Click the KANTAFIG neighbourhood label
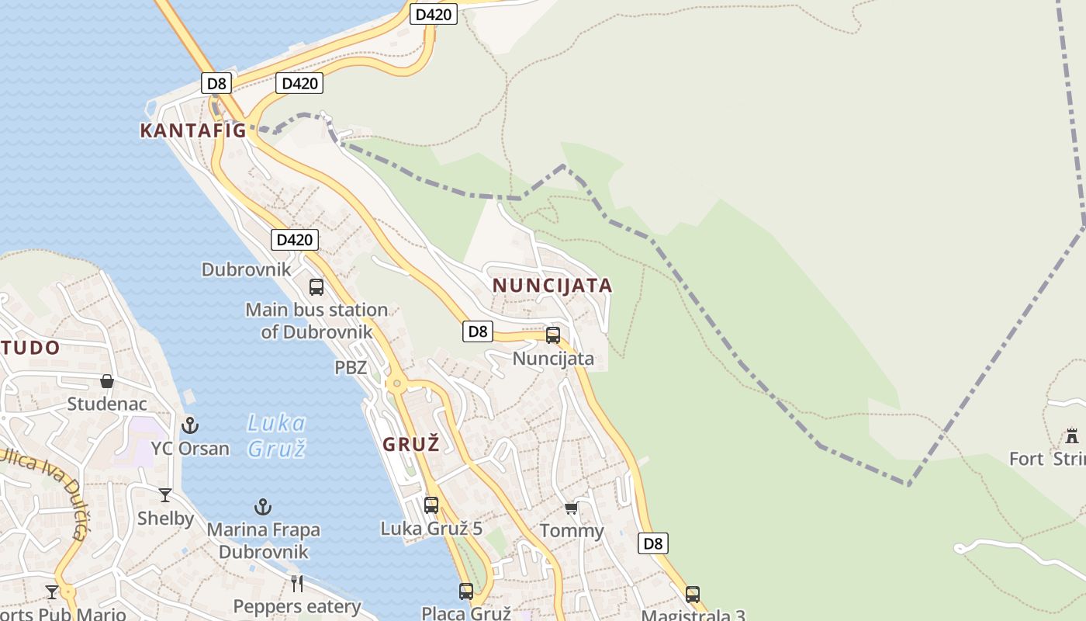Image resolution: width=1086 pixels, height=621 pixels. click(x=192, y=130)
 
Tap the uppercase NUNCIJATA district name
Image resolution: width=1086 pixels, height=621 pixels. click(x=552, y=286)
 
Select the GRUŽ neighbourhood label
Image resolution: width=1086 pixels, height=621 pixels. click(x=411, y=445)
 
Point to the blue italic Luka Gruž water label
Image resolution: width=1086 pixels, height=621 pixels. click(x=276, y=435)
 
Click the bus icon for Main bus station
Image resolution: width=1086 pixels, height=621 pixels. click(x=316, y=287)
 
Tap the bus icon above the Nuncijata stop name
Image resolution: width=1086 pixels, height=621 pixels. click(x=553, y=335)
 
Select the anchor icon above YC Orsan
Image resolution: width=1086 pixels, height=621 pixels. click(x=190, y=425)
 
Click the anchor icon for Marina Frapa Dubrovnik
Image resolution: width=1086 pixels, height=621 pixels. click(x=263, y=507)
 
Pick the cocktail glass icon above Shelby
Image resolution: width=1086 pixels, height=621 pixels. click(x=165, y=495)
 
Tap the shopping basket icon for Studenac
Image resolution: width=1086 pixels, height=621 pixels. click(x=107, y=381)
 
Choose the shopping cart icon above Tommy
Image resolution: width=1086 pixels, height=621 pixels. click(x=572, y=508)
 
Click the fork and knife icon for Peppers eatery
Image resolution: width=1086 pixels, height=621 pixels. click(x=297, y=583)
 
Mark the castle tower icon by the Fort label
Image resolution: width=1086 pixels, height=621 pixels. click(x=1072, y=435)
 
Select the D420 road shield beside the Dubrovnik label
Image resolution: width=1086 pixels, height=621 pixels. click(x=295, y=240)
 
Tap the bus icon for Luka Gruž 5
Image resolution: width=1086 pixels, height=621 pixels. click(x=431, y=505)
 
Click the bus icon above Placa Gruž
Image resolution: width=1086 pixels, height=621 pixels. click(x=466, y=591)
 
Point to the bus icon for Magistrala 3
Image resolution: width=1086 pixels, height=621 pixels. click(x=693, y=595)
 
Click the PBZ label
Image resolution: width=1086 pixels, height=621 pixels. click(x=351, y=368)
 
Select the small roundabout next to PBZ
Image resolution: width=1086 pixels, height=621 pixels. click(x=396, y=383)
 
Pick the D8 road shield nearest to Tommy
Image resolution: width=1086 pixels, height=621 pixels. click(x=653, y=543)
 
